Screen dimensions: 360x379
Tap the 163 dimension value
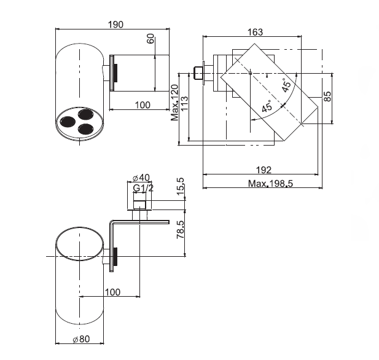tap(255, 32)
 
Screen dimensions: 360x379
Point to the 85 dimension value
tap(327, 96)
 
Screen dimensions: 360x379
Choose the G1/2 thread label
tap(143, 187)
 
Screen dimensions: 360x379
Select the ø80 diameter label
tap(80, 338)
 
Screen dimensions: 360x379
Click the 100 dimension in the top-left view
tap(142, 105)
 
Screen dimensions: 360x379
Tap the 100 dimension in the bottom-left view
tap(112, 292)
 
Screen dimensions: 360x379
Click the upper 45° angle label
tap(286, 85)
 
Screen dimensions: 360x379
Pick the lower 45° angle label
tap(267, 106)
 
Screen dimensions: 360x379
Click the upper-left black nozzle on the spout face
tap(67, 120)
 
